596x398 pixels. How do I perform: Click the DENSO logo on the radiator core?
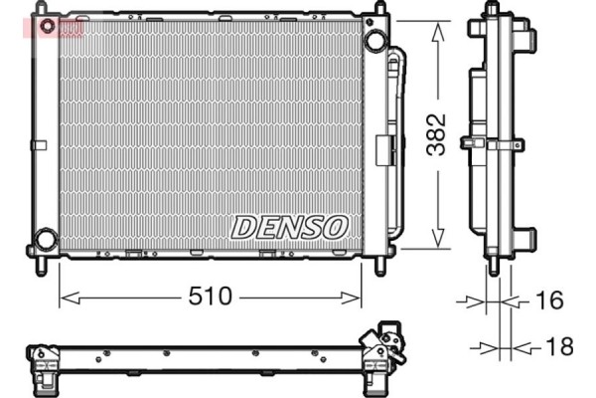coord(290,226)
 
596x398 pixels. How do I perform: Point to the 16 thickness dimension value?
coord(548,298)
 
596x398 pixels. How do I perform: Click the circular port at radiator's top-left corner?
coord(43,23)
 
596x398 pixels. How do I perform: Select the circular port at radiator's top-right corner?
coord(374,41)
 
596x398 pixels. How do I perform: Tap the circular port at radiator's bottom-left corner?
coord(45,240)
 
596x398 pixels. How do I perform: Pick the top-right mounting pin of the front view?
coord(379,10)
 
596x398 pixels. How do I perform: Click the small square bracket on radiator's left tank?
coord(39,146)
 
